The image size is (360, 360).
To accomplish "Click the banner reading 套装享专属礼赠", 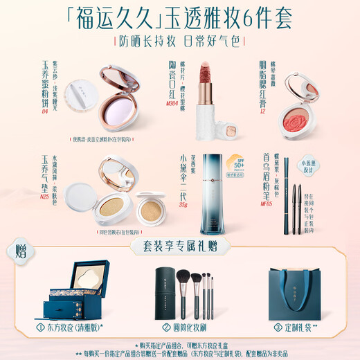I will (x=179, y=245).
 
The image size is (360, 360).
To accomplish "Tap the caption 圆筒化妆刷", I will (x=188, y=329).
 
